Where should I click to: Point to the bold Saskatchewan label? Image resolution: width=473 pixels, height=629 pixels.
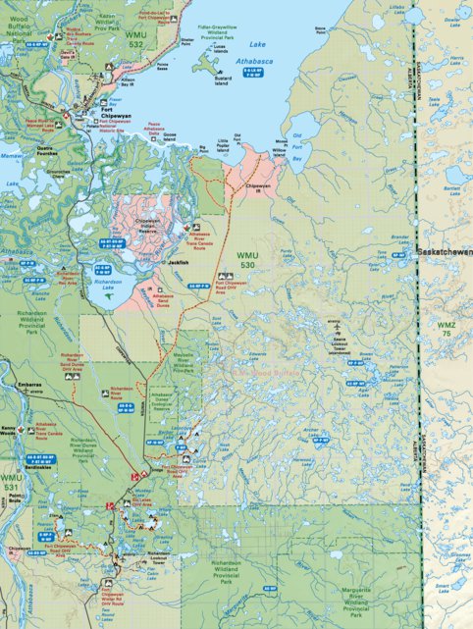tap(444, 252)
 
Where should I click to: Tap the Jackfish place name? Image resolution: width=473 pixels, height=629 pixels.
tap(178, 263)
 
